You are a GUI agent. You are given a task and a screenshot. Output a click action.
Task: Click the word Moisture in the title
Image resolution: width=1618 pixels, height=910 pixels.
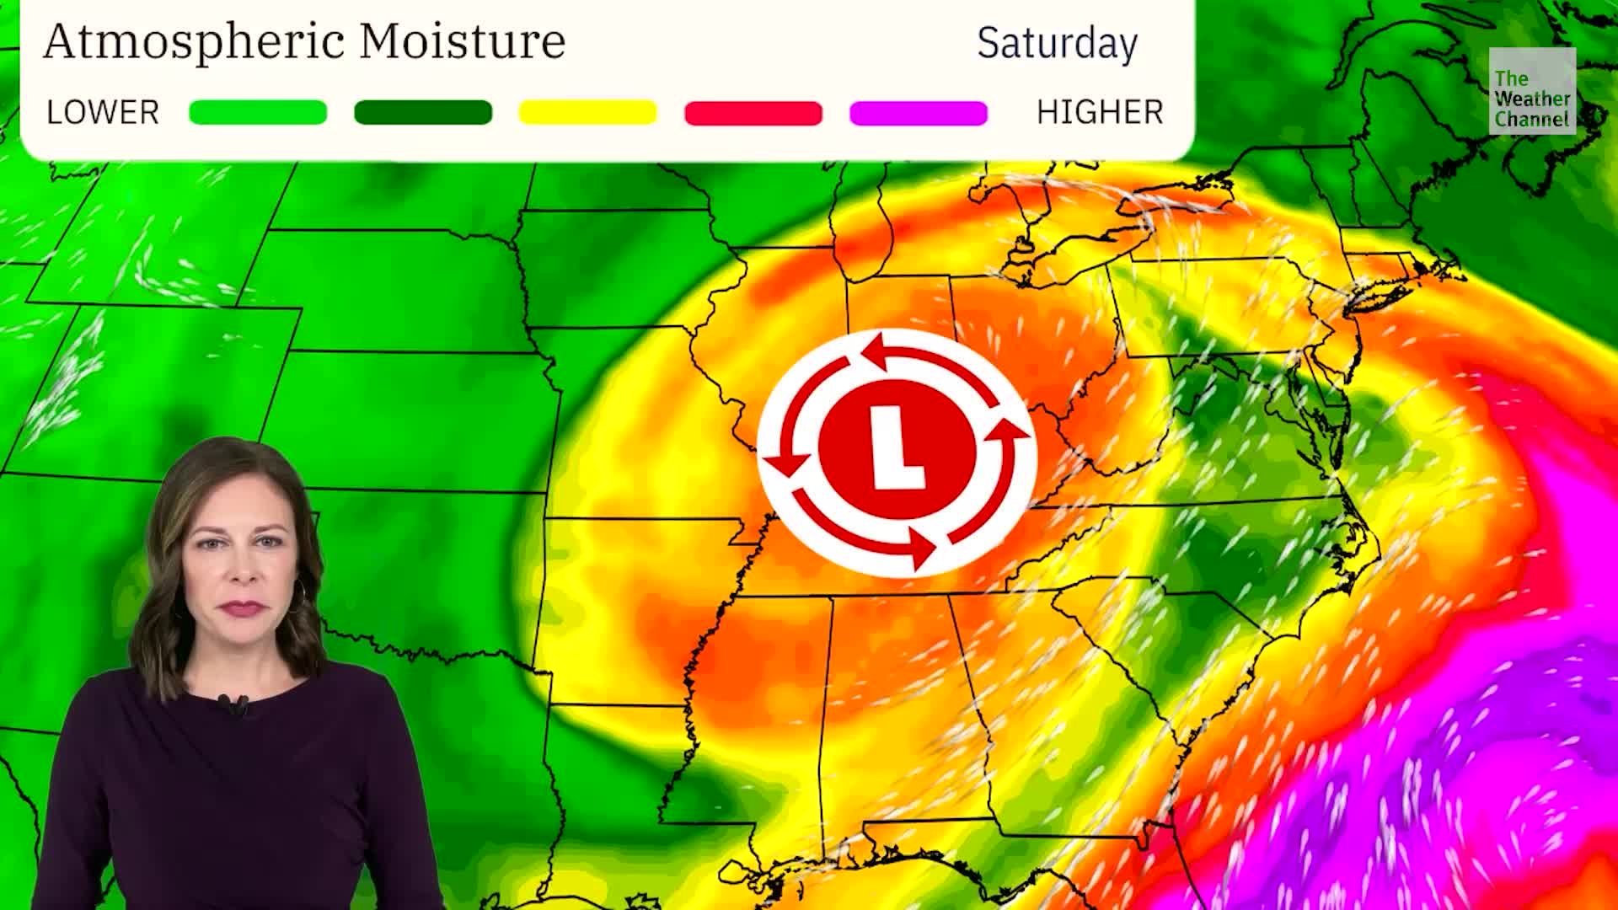(x=462, y=40)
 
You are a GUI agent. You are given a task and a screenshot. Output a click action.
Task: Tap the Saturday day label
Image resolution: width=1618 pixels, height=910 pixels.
(x=1057, y=44)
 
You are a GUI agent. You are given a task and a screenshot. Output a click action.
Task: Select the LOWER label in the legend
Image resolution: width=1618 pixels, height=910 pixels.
(x=103, y=112)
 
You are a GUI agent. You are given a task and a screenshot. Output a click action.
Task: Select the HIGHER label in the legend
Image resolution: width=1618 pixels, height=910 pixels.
(x=1100, y=112)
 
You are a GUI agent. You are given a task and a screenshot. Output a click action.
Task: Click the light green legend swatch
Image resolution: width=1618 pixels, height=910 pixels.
(x=258, y=112)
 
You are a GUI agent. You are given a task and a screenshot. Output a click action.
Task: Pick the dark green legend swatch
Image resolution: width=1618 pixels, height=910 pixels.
(x=423, y=112)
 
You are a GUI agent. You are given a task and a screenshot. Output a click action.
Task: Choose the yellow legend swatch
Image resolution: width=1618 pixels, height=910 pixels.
(x=587, y=112)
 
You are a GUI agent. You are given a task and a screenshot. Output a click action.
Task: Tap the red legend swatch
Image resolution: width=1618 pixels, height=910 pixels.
(x=753, y=112)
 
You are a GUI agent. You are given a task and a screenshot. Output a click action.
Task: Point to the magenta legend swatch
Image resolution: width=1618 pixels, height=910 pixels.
(x=919, y=112)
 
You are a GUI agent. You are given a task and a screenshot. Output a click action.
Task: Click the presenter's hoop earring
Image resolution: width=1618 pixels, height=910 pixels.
(x=301, y=594)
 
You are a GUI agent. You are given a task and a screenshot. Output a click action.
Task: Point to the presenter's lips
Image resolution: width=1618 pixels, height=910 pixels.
(x=242, y=607)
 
